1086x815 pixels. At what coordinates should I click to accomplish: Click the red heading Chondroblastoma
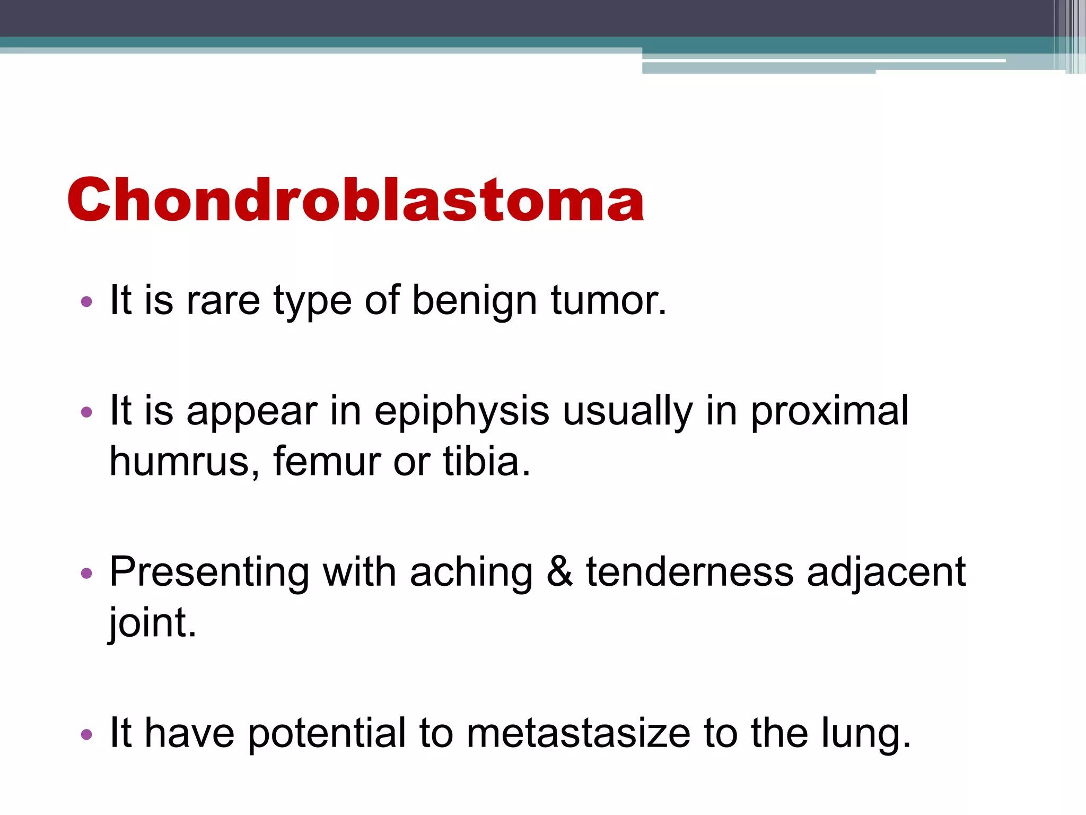(355, 201)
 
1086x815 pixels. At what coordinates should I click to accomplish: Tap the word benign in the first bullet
(474, 300)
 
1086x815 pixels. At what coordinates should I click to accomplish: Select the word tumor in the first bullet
(608, 300)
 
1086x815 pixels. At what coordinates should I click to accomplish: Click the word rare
(223, 300)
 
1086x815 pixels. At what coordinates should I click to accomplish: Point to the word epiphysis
(461, 412)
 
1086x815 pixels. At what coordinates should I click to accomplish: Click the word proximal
(829, 412)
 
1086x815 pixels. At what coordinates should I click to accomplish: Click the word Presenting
(209, 573)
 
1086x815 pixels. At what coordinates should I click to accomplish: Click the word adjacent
(886, 573)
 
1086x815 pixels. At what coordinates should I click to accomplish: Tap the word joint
(152, 623)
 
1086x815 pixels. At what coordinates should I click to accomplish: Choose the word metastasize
(578, 733)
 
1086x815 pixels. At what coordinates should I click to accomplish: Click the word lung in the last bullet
(864, 734)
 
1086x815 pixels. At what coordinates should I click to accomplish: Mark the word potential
(326, 734)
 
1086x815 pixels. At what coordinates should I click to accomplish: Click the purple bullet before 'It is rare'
(86, 302)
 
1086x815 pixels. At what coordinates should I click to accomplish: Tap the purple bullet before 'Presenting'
(86, 574)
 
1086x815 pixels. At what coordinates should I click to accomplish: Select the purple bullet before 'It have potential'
(86, 735)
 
